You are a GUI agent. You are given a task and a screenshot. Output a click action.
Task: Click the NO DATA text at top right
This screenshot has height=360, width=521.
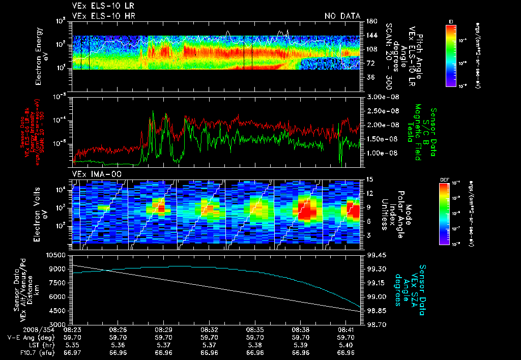(x=342, y=16)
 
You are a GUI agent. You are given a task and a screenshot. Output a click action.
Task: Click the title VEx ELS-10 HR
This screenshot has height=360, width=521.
(x=104, y=16)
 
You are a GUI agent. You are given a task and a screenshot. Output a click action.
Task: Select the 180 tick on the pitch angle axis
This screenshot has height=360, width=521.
(x=370, y=21)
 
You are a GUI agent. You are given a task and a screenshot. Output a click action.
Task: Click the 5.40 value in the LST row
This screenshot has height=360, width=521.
(x=346, y=344)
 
